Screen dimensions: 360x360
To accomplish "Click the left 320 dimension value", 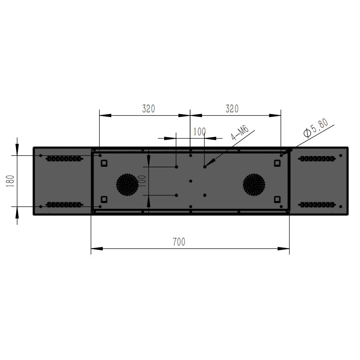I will pos(148,108).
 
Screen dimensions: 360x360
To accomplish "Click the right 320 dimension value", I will pos(232,108).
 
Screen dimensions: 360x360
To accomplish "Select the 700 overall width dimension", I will pos(179,242).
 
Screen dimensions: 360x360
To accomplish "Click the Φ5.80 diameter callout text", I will pos(316,128).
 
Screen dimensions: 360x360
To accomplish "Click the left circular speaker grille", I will pos(127,184).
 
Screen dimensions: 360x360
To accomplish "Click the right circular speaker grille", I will pos(254,184).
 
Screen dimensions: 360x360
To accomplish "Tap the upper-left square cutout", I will pos(104,163).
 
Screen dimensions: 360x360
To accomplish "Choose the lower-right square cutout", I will pos(277,199).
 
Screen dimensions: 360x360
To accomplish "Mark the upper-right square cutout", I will pos(277,163).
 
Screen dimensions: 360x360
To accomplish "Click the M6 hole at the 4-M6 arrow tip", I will pos(205,167).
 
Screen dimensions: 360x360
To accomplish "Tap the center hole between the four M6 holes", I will pos(191,181).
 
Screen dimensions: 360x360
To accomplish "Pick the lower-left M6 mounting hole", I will pos(176,195).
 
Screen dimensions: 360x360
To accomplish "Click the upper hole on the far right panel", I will pos(341,156).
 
